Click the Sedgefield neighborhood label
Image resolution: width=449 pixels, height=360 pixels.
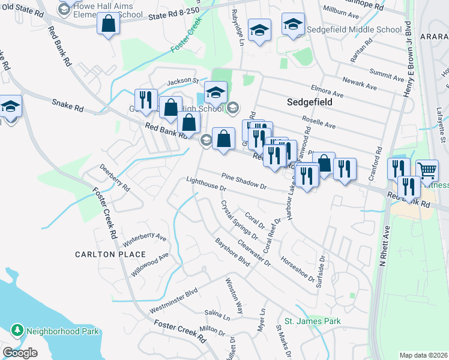click(x=309, y=102)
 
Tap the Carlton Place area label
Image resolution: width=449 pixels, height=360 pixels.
click(x=102, y=254)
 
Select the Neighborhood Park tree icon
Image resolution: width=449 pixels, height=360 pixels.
click(x=17, y=331)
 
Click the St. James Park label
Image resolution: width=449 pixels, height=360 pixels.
click(x=313, y=321)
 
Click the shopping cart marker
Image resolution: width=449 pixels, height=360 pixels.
click(x=427, y=170)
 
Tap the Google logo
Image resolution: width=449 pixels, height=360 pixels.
click(x=20, y=353)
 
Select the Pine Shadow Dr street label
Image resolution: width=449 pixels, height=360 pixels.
click(x=243, y=181)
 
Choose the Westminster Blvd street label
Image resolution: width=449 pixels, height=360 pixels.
click(x=173, y=301)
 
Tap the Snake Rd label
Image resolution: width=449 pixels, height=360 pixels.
click(x=67, y=106)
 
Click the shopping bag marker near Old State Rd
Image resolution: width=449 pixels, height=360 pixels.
click(x=109, y=24)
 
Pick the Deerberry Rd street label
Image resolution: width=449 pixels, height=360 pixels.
click(x=115, y=178)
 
